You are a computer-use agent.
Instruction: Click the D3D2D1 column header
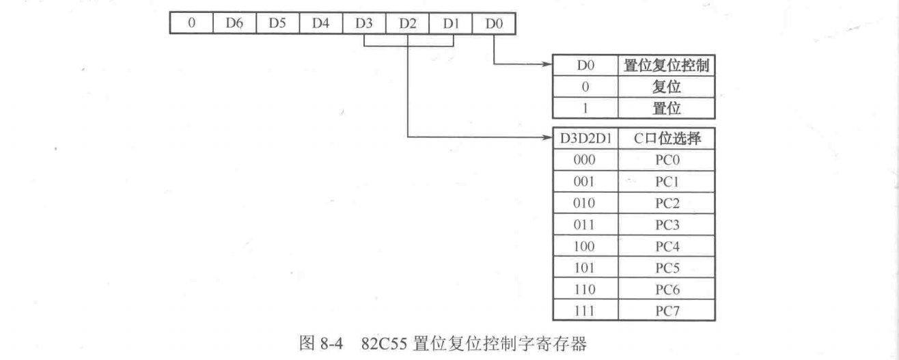coord(585,139)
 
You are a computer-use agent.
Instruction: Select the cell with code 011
coord(585,224)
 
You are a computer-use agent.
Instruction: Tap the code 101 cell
coord(585,267)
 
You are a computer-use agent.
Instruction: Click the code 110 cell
coord(585,289)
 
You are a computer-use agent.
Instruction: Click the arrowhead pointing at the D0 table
coord(548,65)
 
